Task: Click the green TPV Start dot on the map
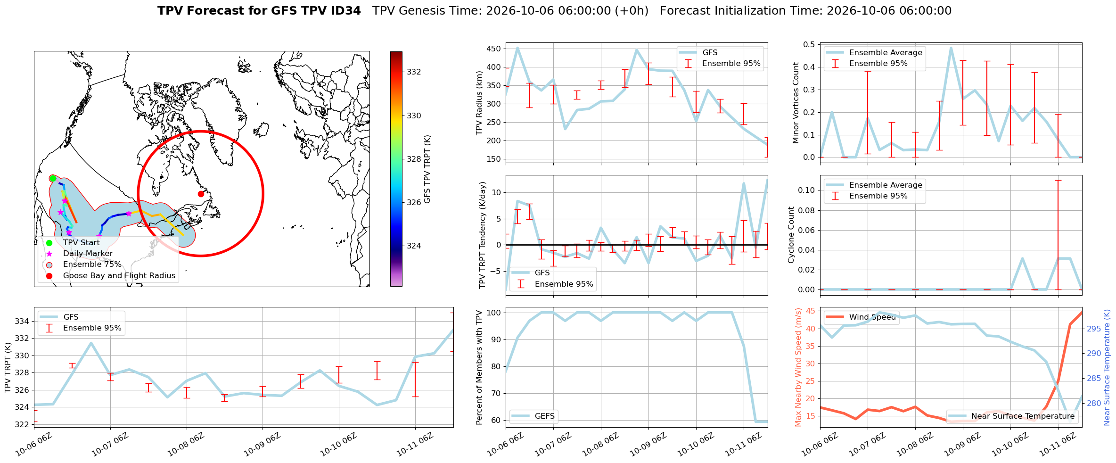[x=53, y=178]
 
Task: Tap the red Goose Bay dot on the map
[x=201, y=194]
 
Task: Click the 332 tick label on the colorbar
[x=414, y=72]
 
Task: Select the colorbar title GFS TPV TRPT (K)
[x=427, y=169]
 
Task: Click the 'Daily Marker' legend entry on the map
[x=88, y=254]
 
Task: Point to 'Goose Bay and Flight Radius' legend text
[x=119, y=276]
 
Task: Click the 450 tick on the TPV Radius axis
[x=494, y=49]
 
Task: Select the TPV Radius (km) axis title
[x=480, y=103]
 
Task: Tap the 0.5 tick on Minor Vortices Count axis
[x=809, y=44]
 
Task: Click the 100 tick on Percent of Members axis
[x=494, y=313]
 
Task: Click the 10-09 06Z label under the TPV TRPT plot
[x=262, y=445]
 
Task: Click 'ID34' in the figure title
[x=346, y=11]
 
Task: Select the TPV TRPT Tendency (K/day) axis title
[x=483, y=235]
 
